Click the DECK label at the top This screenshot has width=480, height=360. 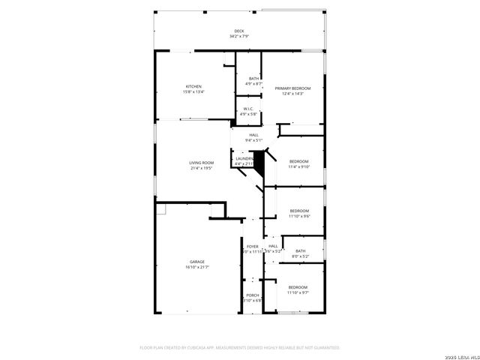pyautogui.click(x=238, y=31)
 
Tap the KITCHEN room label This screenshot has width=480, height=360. pyautogui.click(x=193, y=86)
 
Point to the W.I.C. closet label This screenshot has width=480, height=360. pyautogui.click(x=248, y=109)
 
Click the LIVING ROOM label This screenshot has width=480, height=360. pyautogui.click(x=201, y=163)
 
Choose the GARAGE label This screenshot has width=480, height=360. pyautogui.click(x=196, y=262)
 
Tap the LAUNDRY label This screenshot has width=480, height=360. pyautogui.click(x=244, y=158)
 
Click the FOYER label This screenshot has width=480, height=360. pyautogui.click(x=253, y=246)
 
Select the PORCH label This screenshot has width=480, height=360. pyautogui.click(x=253, y=295)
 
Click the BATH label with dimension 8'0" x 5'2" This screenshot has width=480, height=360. pyautogui.click(x=300, y=251)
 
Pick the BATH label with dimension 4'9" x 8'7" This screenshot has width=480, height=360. pyautogui.click(x=254, y=79)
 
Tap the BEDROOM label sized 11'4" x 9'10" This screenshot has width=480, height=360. pyautogui.click(x=299, y=162)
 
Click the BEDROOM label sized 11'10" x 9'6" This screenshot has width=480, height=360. pyautogui.click(x=299, y=211)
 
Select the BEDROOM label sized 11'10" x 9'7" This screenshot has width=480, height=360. pyautogui.click(x=298, y=287)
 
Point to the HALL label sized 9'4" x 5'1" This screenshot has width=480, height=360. pyautogui.click(x=253, y=135)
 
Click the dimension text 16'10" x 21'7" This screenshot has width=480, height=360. pyautogui.click(x=196, y=267)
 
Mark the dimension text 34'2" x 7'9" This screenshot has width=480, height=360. pyautogui.click(x=238, y=36)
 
